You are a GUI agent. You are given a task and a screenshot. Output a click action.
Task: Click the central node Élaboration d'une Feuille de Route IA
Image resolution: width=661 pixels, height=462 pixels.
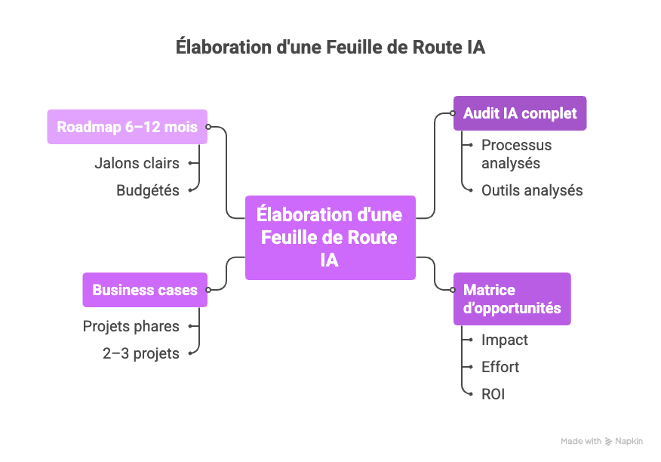click(330, 237)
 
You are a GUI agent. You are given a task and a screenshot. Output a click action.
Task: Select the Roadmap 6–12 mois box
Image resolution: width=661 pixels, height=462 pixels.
click(127, 127)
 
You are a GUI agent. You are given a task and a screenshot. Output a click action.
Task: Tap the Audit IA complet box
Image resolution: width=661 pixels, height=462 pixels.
click(519, 113)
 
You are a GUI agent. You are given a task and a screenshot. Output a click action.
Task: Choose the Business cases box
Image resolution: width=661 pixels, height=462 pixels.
click(145, 290)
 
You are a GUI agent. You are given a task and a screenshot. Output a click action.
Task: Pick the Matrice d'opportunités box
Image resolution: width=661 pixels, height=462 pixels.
click(512, 299)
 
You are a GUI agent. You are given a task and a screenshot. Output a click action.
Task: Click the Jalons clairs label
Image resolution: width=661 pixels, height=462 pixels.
click(137, 163)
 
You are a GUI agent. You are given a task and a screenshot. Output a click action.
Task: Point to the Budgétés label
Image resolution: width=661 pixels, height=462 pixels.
click(148, 190)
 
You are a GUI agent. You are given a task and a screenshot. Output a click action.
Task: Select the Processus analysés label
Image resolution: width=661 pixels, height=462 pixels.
click(516, 154)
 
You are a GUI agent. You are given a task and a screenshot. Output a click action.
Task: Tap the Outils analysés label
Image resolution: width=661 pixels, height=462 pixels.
click(532, 190)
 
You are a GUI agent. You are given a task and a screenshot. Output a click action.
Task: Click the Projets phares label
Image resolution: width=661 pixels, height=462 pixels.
click(131, 326)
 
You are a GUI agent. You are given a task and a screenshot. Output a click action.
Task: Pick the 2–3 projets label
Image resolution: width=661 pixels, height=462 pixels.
click(141, 353)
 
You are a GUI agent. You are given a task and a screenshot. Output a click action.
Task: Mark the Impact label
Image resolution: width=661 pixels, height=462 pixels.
click(505, 340)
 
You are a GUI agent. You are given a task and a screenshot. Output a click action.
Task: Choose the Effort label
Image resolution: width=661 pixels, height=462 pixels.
click(500, 367)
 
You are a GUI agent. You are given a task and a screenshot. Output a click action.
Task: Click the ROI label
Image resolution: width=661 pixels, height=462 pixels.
click(493, 394)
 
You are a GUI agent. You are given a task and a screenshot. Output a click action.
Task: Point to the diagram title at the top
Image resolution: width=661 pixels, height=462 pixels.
click(330, 47)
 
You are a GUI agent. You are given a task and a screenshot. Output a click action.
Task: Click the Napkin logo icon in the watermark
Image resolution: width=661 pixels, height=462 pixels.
click(608, 442)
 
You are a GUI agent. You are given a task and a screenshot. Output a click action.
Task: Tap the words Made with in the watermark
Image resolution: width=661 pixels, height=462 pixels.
click(581, 442)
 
